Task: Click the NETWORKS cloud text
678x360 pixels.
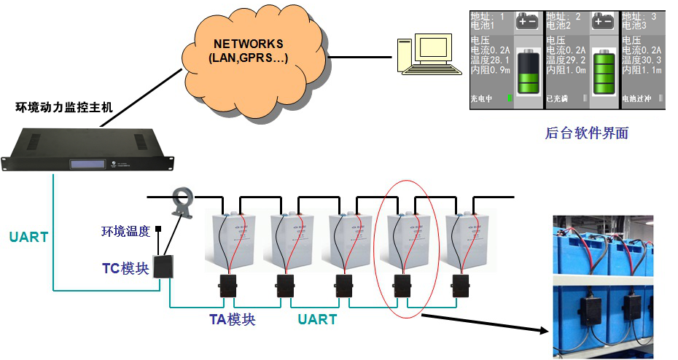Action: coord(248,50)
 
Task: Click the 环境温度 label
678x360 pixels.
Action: coord(125,232)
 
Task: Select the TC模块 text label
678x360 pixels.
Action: coord(125,267)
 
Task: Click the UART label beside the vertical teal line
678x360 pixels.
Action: coord(28,237)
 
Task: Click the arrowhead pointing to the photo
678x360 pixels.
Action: coord(542,332)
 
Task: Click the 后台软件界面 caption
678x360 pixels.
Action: coord(586,133)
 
